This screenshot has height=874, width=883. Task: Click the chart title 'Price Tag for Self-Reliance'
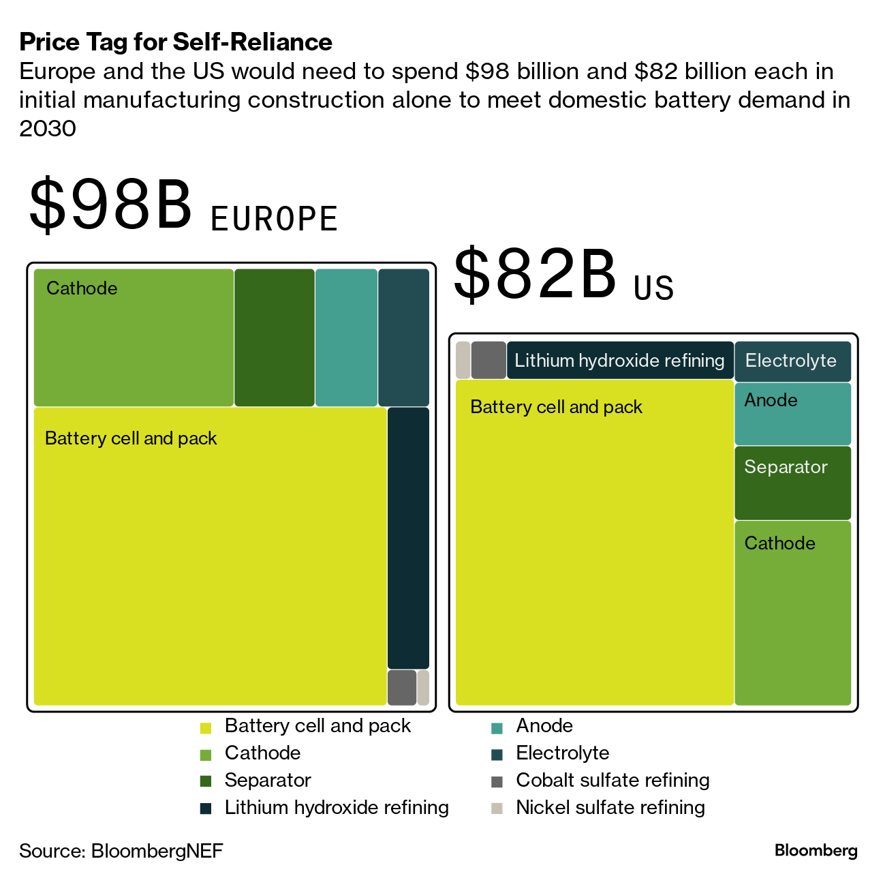pyautogui.click(x=176, y=42)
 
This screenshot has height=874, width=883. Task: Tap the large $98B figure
pyautogui.click(x=110, y=205)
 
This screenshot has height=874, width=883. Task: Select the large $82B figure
pyautogui.click(x=535, y=275)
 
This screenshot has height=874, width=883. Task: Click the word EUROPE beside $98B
pyautogui.click(x=274, y=219)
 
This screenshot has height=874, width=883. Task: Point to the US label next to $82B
pyautogui.click(x=653, y=288)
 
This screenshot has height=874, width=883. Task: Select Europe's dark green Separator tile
pyautogui.click(x=275, y=337)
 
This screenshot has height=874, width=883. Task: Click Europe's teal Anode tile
pyautogui.click(x=346, y=337)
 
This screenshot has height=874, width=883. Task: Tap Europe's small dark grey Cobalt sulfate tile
pyautogui.click(x=402, y=687)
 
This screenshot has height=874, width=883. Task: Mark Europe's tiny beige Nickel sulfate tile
pyautogui.click(x=423, y=687)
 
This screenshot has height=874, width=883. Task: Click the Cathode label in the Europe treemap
pyautogui.click(x=82, y=288)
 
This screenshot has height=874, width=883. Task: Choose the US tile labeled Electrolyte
pyautogui.click(x=792, y=361)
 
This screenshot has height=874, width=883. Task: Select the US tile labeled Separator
pyautogui.click(x=792, y=483)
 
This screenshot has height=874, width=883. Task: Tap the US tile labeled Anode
pyautogui.click(x=792, y=414)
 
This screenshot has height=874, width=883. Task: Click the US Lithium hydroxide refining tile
pyautogui.click(x=619, y=361)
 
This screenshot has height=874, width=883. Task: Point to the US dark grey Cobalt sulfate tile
pyautogui.click(x=489, y=360)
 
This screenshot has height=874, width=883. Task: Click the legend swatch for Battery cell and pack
pyautogui.click(x=206, y=727)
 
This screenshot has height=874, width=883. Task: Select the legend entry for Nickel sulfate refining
pyautogui.click(x=610, y=808)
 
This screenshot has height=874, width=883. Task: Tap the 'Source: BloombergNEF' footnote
pyautogui.click(x=121, y=851)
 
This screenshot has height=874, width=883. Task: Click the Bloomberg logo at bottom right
pyautogui.click(x=816, y=851)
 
